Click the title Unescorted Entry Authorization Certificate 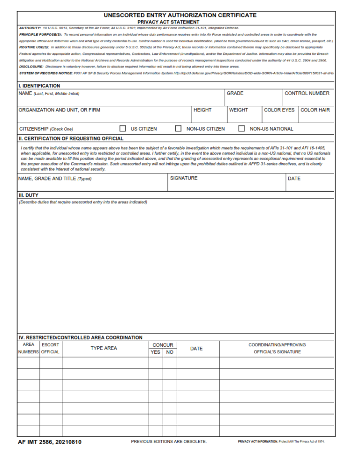[180, 15]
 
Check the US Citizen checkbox [123, 128]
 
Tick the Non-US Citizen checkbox [178, 128]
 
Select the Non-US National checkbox [242, 128]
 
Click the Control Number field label [307, 93]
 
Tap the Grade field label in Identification [235, 93]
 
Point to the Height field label [202, 110]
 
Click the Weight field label [239, 110]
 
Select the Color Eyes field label [279, 110]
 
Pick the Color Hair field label [315, 110]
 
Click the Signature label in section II [184, 178]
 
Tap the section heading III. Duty [29, 195]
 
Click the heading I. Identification [39, 86]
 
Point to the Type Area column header [104, 348]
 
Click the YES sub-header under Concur [156, 352]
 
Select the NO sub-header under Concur [170, 352]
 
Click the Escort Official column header [50, 348]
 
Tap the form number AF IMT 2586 [49, 442]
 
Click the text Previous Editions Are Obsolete [169, 441]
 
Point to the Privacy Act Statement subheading [168, 22]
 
